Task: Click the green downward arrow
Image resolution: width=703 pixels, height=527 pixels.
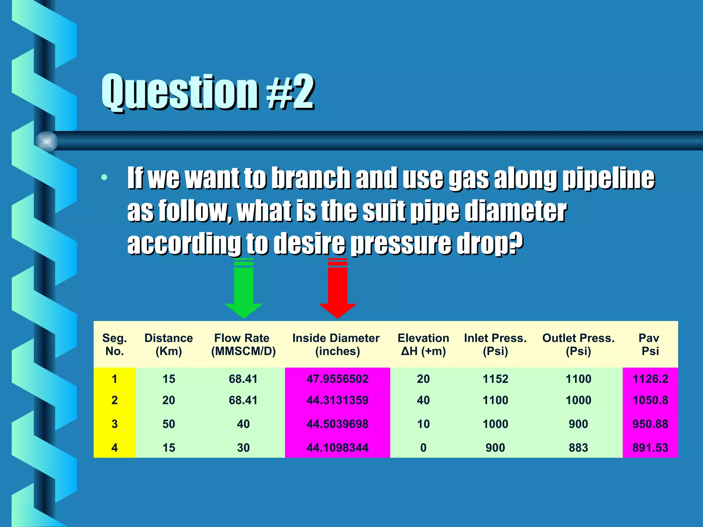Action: point(243,288)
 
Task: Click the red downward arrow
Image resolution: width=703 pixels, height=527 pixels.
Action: point(337,288)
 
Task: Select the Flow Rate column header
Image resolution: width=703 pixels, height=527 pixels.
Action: point(243,344)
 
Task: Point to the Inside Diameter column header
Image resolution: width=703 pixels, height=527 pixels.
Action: point(336,344)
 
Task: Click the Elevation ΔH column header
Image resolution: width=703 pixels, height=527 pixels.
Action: point(423,344)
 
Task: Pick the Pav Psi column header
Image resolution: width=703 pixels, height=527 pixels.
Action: point(649,344)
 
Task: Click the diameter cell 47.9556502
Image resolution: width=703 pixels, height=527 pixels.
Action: point(337,379)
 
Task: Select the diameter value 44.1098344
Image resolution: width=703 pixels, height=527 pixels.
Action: point(337,448)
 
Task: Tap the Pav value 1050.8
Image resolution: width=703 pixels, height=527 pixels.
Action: point(650,400)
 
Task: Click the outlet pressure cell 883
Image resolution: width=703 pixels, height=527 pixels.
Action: point(578,448)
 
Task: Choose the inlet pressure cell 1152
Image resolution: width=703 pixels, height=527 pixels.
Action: point(495,379)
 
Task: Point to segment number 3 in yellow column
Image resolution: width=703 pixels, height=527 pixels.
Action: point(115,424)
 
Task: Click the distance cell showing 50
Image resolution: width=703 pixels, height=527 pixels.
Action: point(169,424)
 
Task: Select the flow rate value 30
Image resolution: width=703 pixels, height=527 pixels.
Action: point(243,448)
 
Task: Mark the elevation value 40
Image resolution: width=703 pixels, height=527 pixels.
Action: point(423,400)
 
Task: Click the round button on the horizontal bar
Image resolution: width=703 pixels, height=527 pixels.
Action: point(47,141)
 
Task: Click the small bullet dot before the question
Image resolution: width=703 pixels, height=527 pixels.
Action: point(104,177)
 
